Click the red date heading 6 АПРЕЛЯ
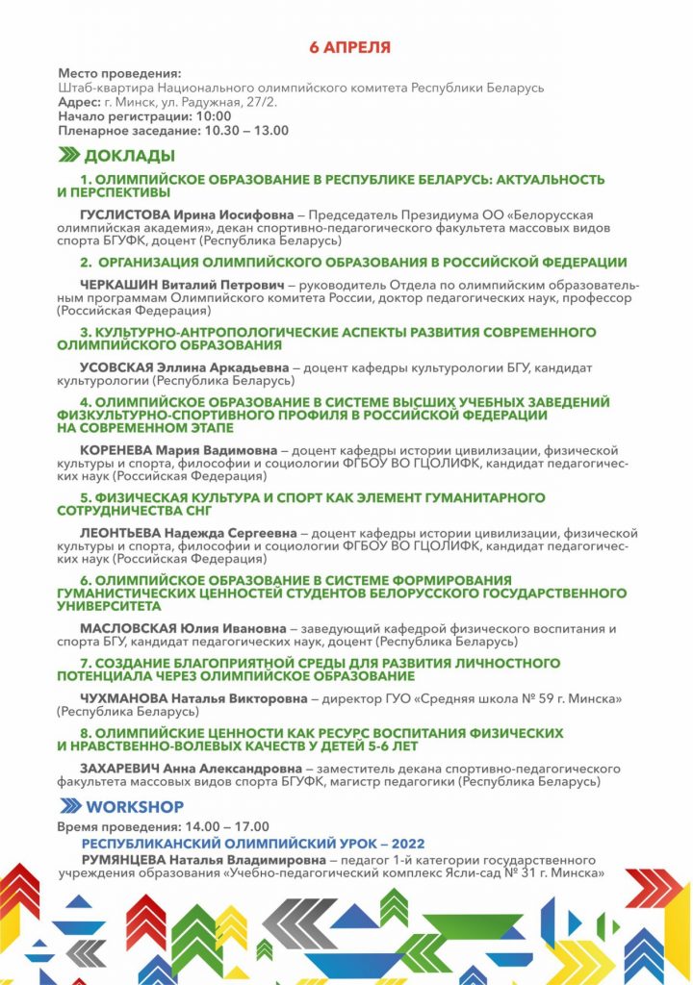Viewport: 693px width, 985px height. (349, 46)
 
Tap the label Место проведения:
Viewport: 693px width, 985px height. (119, 74)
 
